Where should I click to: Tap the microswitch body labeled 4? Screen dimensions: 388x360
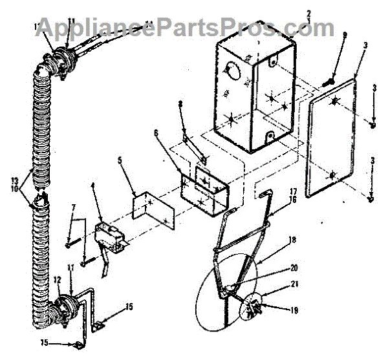pos(107,233)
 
